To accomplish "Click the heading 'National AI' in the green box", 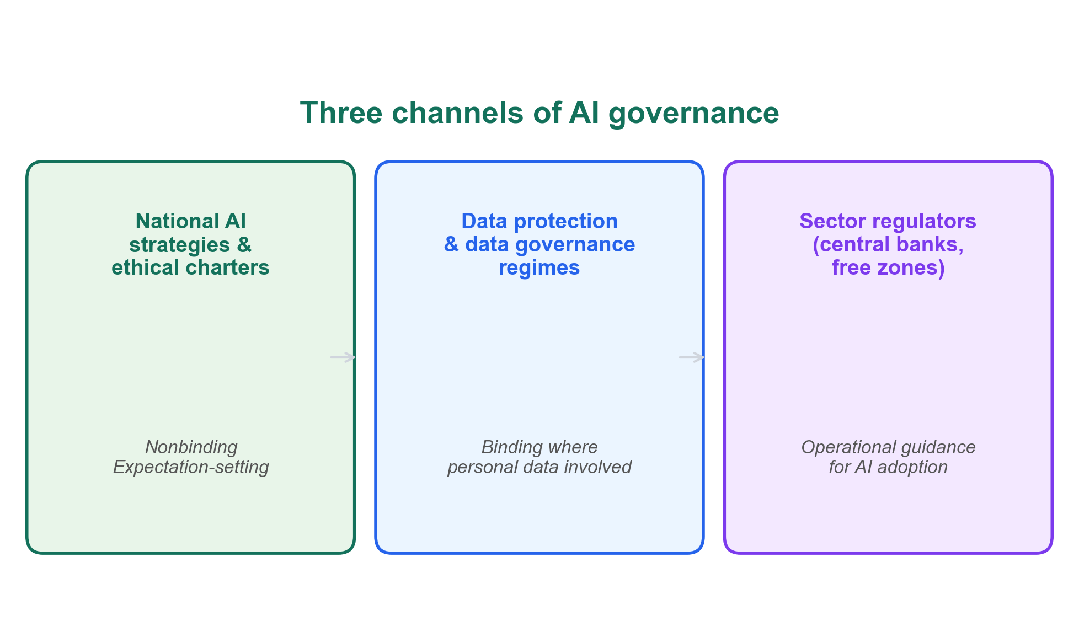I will (x=191, y=221).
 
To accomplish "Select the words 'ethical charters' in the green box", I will (x=191, y=267).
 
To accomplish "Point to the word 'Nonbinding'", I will (x=191, y=447).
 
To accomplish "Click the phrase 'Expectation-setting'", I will (x=191, y=467).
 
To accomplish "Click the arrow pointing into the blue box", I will (x=343, y=357).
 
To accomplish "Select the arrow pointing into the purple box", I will (x=691, y=357).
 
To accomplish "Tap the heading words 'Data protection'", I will (x=539, y=221).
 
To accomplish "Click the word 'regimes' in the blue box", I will (x=539, y=267).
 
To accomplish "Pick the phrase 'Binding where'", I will (x=539, y=447).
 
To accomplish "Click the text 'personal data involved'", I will (x=539, y=467).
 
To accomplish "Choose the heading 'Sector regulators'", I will (x=888, y=221).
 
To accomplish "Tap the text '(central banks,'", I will (x=888, y=244).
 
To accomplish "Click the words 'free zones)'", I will (x=888, y=267).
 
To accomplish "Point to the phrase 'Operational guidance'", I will (x=888, y=447).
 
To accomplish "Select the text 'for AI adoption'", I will (x=888, y=467).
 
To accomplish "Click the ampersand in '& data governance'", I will (x=451, y=244).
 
